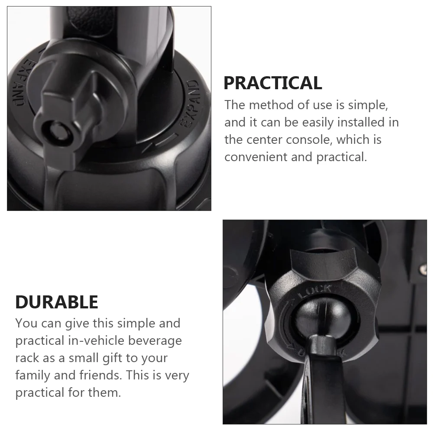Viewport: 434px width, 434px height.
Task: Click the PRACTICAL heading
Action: coord(272,83)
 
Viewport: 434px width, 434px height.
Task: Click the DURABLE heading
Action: coord(57,302)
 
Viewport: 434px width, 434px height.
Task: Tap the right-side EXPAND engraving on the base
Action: coord(190,104)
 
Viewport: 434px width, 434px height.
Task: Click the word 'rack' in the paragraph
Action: coord(26,358)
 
